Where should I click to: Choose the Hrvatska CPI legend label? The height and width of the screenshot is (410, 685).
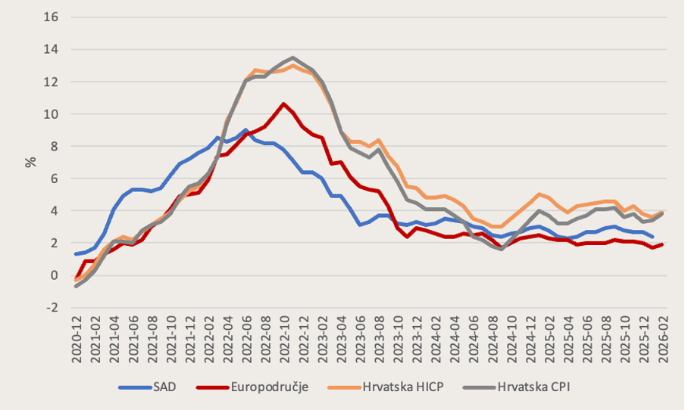(530, 387)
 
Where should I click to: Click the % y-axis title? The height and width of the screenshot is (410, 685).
(31, 162)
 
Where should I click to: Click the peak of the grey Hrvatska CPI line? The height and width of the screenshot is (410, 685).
(293, 57)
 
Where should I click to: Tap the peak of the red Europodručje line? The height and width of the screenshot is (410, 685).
(283, 104)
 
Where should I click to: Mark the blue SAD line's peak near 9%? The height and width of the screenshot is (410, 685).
(245, 130)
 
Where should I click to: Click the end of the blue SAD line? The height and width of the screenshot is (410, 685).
(652, 237)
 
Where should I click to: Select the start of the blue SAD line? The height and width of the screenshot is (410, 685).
(76, 254)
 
